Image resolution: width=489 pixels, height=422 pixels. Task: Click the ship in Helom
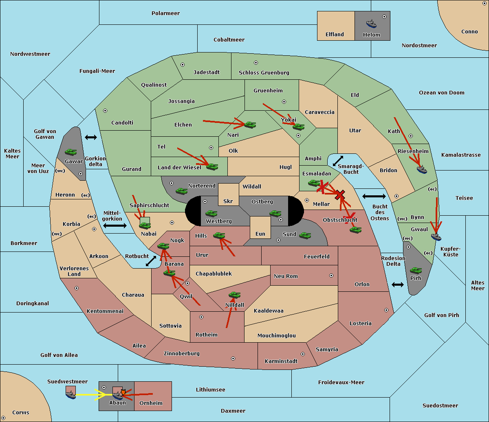coord(371,24)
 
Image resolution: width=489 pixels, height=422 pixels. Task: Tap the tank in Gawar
coord(71,152)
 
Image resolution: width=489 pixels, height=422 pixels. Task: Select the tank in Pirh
coord(416,271)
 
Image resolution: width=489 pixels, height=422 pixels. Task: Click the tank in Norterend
coord(182,191)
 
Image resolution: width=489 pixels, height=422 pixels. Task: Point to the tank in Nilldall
coord(234,295)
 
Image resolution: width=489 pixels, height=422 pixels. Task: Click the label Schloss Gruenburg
coord(264,73)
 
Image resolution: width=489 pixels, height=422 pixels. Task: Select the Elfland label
coord(335,35)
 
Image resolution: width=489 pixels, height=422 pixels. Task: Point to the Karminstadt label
coord(281,361)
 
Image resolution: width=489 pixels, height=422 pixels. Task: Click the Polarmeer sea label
coord(165,13)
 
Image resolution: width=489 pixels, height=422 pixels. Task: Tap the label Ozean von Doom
coord(442,93)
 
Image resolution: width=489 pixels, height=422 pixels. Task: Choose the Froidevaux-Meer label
coord(341,383)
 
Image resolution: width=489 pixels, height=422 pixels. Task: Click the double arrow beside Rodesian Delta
coord(398,284)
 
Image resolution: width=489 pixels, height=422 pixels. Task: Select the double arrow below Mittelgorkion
coord(115,225)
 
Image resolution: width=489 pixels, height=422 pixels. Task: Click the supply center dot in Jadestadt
coord(183,65)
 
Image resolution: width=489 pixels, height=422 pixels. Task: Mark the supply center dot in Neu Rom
coord(331,276)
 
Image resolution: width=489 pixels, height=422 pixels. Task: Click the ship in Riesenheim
coord(422,169)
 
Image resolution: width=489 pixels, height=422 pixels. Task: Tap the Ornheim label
coord(151,403)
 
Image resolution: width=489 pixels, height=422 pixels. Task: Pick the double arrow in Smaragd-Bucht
coord(338,161)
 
